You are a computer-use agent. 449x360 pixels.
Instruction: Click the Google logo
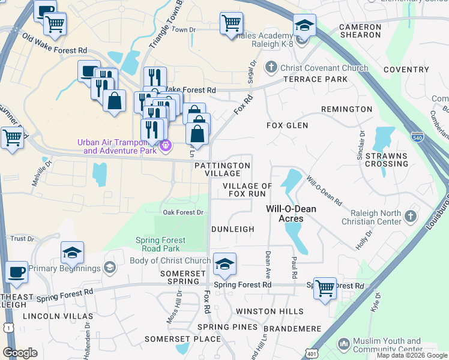[20, 353]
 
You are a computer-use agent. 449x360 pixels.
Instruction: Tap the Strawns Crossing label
[386, 160]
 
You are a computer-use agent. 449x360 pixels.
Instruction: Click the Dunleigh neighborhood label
[233, 229]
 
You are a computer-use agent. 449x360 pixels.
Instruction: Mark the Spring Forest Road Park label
[161, 244]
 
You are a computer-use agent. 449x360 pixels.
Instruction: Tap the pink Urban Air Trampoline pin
[167, 145]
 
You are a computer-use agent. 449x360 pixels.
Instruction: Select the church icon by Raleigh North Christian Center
[410, 215]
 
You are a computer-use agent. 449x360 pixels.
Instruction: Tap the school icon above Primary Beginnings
[72, 252]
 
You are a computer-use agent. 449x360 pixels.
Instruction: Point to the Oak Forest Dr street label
[184, 212]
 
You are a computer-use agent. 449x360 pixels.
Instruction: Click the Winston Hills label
[270, 311]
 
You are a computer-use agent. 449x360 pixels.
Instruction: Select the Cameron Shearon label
[360, 31]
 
